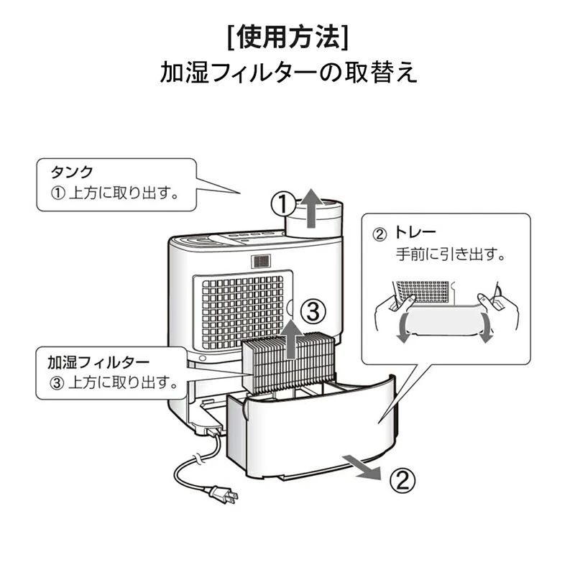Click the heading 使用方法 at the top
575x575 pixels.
pyautogui.click(x=288, y=37)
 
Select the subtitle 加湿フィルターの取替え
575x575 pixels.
pyautogui.click(x=288, y=72)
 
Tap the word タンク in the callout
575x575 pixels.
pyautogui.click(x=72, y=172)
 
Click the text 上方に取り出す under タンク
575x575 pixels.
pyautogui.click(x=124, y=193)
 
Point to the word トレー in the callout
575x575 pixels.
pyautogui.click(x=415, y=232)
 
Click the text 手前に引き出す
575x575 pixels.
pyautogui.click(x=451, y=254)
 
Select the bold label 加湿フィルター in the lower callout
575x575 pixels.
pyautogui.click(x=98, y=362)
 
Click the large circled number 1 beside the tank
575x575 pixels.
pyautogui.click(x=283, y=204)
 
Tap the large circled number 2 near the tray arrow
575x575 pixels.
pyautogui.click(x=402, y=480)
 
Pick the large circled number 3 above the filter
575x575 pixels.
pyautogui.click(x=313, y=312)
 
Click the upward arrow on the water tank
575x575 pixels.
pyautogui.click(x=311, y=208)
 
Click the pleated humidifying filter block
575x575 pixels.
pyautogui.click(x=289, y=362)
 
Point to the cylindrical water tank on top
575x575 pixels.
pyautogui.click(x=314, y=219)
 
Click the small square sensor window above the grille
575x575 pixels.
pyautogui.click(x=261, y=262)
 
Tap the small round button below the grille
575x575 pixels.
pyautogui.click(x=203, y=358)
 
